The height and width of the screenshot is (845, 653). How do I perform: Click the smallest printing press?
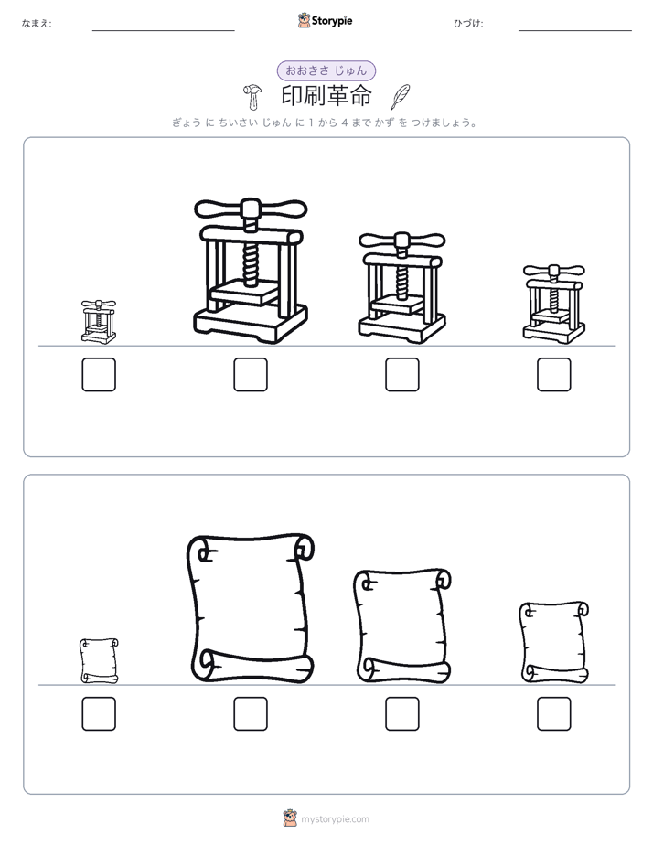99,322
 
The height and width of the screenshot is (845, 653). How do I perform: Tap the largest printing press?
251,271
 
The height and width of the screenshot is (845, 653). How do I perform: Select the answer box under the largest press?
251,375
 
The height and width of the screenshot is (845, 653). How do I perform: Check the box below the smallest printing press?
99,375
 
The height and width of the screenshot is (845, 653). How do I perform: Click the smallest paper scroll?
99,660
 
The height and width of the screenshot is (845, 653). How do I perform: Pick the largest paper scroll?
251,608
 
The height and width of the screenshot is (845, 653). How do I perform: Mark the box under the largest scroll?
251,714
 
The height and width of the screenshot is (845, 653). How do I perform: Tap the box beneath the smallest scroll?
99,714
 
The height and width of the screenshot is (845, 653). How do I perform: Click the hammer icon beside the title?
252,96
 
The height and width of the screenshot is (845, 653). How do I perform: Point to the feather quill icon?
400,96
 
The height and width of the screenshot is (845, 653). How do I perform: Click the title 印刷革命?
326,96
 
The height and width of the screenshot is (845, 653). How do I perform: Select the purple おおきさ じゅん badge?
326,70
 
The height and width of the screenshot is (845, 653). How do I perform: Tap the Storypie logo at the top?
325,21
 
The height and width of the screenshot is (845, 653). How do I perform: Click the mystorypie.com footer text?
335,819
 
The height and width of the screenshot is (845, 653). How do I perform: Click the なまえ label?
37,23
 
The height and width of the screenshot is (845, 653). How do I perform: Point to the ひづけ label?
468,23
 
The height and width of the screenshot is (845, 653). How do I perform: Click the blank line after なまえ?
163,31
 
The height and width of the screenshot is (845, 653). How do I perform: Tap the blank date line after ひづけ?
575,31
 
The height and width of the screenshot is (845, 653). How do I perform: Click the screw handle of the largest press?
251,209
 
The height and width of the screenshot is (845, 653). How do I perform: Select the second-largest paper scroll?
402,626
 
